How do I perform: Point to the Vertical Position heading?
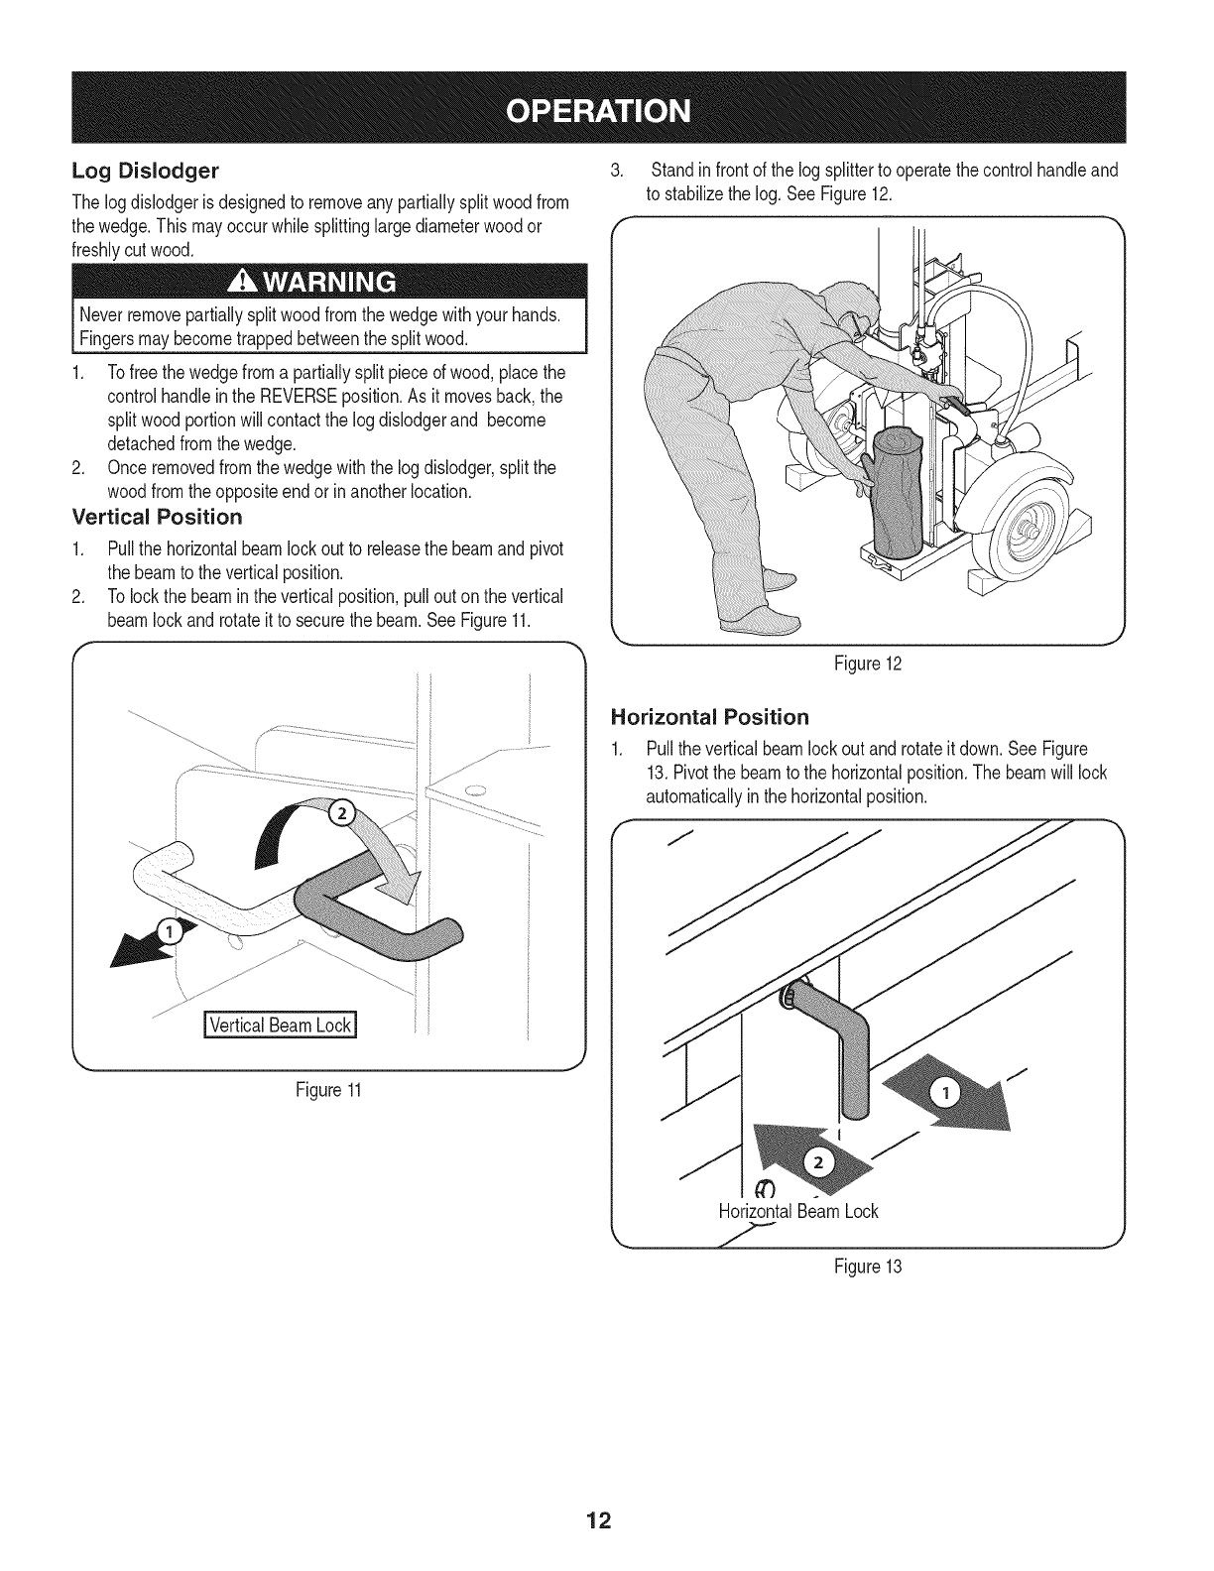pyautogui.click(x=157, y=517)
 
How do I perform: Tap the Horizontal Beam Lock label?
pyautogui.click(x=798, y=1211)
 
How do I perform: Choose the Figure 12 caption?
pyautogui.click(x=868, y=664)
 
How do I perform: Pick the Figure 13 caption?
pyautogui.click(x=870, y=1267)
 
